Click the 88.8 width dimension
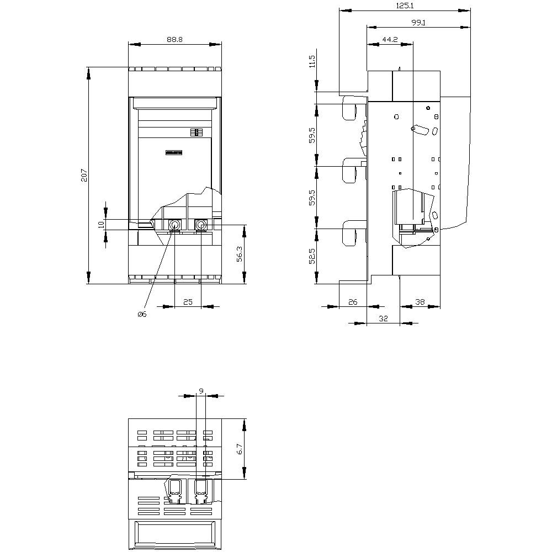tap(174, 39)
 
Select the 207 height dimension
tap(84, 176)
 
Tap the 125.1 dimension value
tap(405, 6)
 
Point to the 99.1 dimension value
tap(418, 23)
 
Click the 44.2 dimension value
tap(390, 39)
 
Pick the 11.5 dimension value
tap(312, 61)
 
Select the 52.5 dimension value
tap(312, 256)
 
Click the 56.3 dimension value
tap(240, 254)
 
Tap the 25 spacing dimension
tap(188, 302)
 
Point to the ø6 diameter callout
tap(142, 315)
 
